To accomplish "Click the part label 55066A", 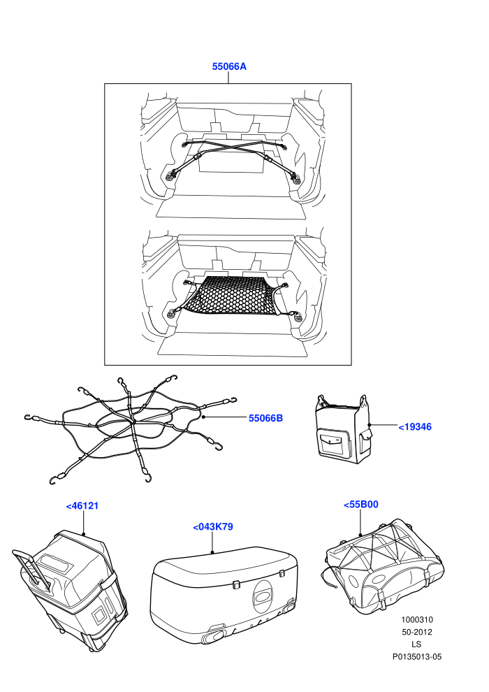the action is (229, 66).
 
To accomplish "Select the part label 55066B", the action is (265, 418).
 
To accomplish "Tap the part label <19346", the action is (415, 427).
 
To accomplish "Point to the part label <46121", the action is (82, 506).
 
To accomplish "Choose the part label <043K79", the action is (213, 527).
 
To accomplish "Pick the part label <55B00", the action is (360, 505).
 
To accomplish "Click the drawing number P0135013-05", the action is (417, 656).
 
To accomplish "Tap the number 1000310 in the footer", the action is (417, 619).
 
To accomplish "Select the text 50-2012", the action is (417, 632).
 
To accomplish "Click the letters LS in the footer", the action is (416, 644).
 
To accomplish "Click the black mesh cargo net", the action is (231, 296).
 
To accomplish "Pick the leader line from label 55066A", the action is (228, 78).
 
